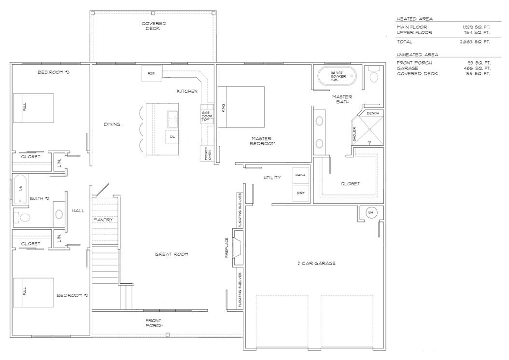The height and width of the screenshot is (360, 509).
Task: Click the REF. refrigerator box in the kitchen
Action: point(151,74)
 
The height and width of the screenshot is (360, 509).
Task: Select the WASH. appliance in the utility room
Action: point(301,176)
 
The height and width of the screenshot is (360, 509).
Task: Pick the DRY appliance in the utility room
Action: point(301,193)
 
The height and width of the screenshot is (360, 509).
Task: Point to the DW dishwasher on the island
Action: point(172,137)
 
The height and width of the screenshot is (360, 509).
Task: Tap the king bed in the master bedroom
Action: point(241,107)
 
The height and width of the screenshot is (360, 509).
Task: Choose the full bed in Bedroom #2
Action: point(33,292)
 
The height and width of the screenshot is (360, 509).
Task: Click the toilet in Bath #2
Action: point(22,218)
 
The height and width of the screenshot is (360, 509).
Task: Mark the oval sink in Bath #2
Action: point(59,215)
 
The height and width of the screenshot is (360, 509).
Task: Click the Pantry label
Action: point(104,220)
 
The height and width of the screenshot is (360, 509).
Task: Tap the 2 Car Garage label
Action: point(316,263)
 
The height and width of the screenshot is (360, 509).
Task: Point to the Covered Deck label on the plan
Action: point(154,26)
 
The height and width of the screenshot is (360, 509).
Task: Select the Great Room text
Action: point(171,254)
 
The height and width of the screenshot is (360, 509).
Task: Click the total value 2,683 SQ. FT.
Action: point(476,42)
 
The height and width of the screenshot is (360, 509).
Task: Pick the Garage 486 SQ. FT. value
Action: point(476,69)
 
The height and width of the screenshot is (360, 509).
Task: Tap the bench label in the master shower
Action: point(373,113)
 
